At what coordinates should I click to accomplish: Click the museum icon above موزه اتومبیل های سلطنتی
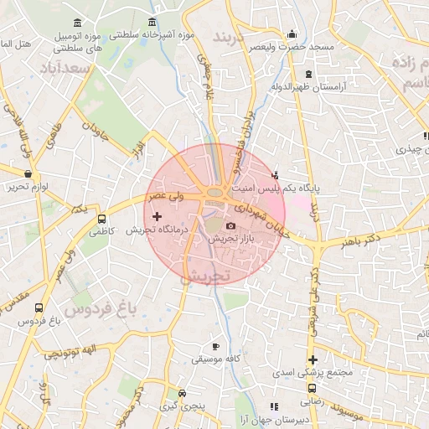(x=78, y=22)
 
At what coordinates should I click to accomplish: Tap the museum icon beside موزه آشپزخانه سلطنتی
(x=152, y=23)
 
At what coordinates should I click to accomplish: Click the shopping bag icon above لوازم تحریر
(x=28, y=174)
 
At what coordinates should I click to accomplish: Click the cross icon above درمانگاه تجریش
(x=156, y=217)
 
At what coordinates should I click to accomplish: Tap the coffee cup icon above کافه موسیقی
(x=215, y=346)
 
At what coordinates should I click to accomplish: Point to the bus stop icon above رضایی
(x=312, y=388)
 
